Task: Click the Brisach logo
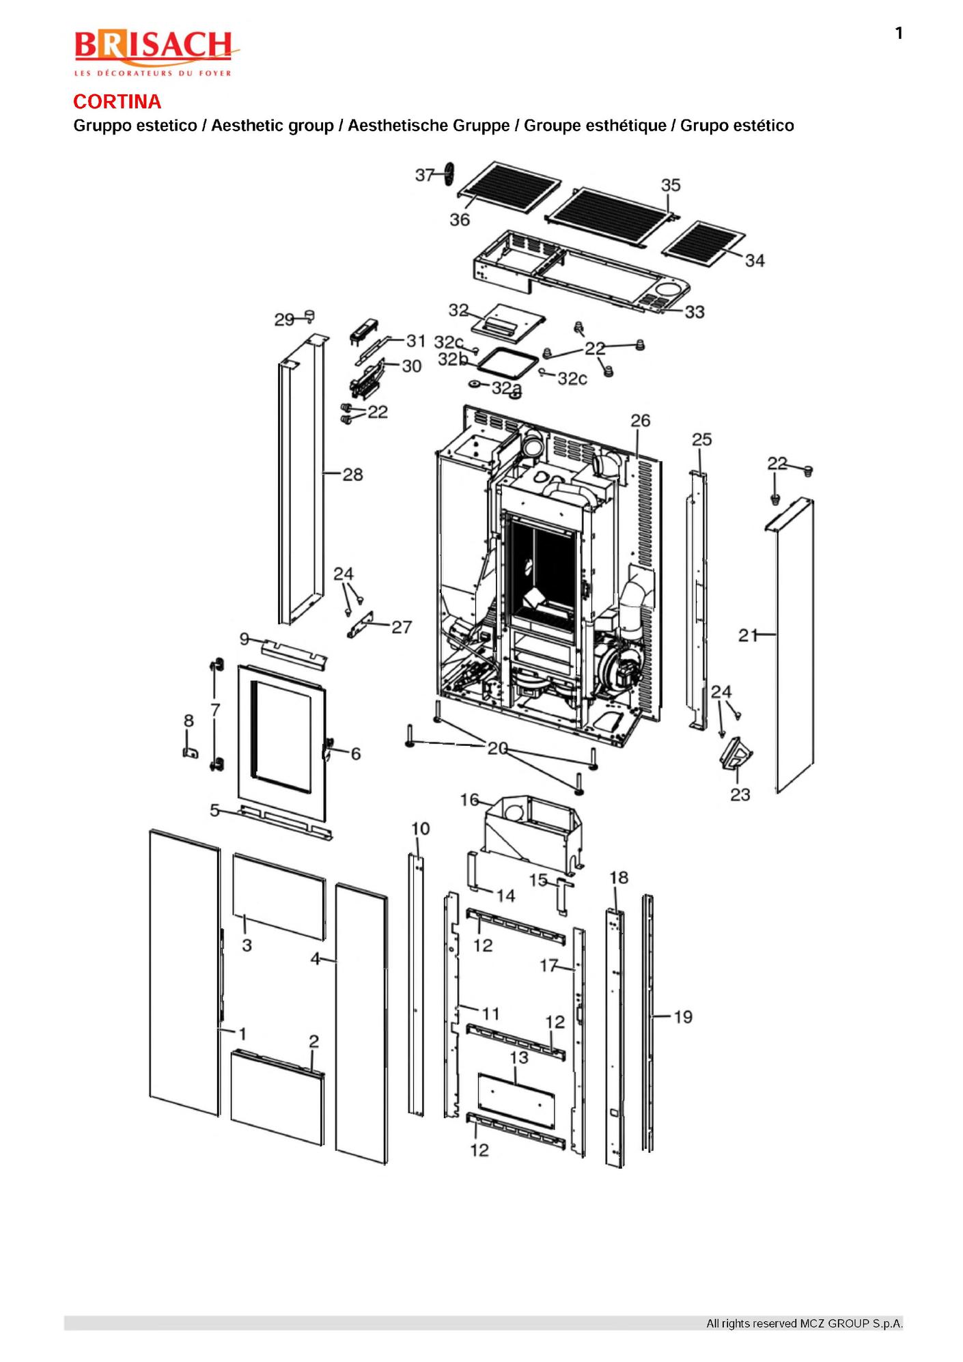[x=156, y=53]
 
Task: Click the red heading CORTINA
[x=117, y=102]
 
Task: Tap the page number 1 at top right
[x=899, y=33]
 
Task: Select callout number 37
[x=424, y=176]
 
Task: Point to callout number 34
[x=755, y=260]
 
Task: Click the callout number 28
[x=352, y=474]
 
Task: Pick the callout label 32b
[x=452, y=359]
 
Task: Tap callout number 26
[x=640, y=420]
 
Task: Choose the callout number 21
[x=748, y=635]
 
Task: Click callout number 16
[x=470, y=800]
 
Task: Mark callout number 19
[x=683, y=1017]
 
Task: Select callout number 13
[x=519, y=1058]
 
